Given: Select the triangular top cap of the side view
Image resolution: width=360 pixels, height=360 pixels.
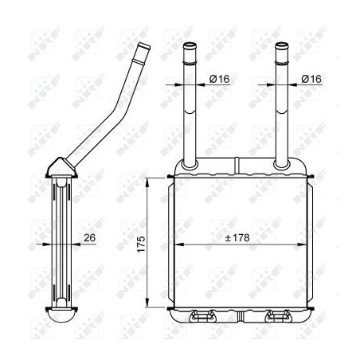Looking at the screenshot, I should click(x=61, y=166).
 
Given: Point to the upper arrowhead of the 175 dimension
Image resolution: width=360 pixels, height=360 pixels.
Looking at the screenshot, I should click(x=148, y=180).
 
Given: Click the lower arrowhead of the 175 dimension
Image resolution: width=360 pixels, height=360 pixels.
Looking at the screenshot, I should click(x=148, y=305).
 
